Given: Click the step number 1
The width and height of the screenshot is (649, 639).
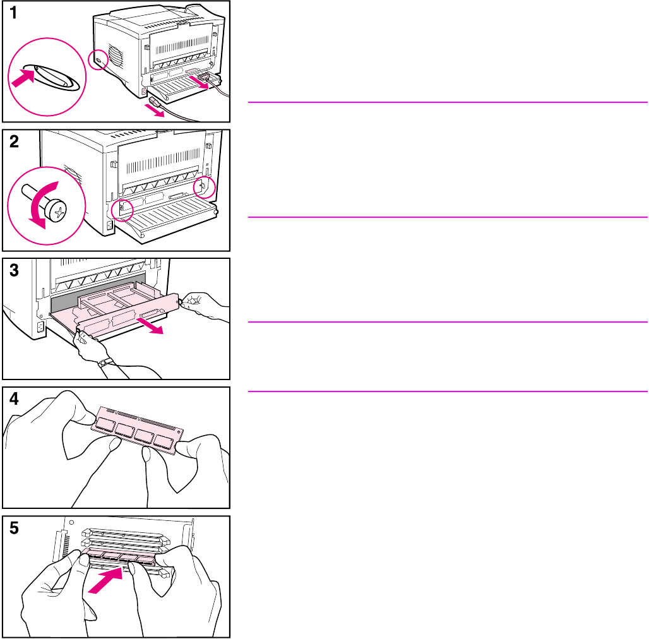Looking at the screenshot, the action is coord(13,13).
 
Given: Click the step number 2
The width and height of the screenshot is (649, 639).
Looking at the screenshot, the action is coord(14,141).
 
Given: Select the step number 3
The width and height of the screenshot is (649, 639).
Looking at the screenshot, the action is coord(14,270).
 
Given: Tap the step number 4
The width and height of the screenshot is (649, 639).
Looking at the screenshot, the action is coord(14,399).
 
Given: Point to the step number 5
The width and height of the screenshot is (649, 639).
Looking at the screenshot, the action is coord(14,528).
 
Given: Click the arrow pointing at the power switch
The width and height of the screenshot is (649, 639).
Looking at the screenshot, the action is coord(23,78).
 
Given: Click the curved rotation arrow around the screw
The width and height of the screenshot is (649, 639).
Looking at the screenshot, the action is coord(42,202).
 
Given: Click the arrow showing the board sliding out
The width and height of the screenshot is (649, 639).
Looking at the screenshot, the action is coord(151,325).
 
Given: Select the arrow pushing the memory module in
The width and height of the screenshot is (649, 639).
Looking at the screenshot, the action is coord(105,581).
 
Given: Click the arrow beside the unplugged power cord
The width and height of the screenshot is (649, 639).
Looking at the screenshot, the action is coord(154,110).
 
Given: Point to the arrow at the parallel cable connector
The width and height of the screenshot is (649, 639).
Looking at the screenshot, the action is coord(197,81).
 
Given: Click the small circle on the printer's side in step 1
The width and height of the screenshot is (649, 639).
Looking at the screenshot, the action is coord(98,60).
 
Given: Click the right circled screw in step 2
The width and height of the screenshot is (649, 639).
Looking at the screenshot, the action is coord(205,187).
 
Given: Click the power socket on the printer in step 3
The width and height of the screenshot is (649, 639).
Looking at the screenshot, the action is coord(40,327).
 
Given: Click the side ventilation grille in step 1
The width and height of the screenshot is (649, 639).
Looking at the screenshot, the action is coord(116,55).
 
